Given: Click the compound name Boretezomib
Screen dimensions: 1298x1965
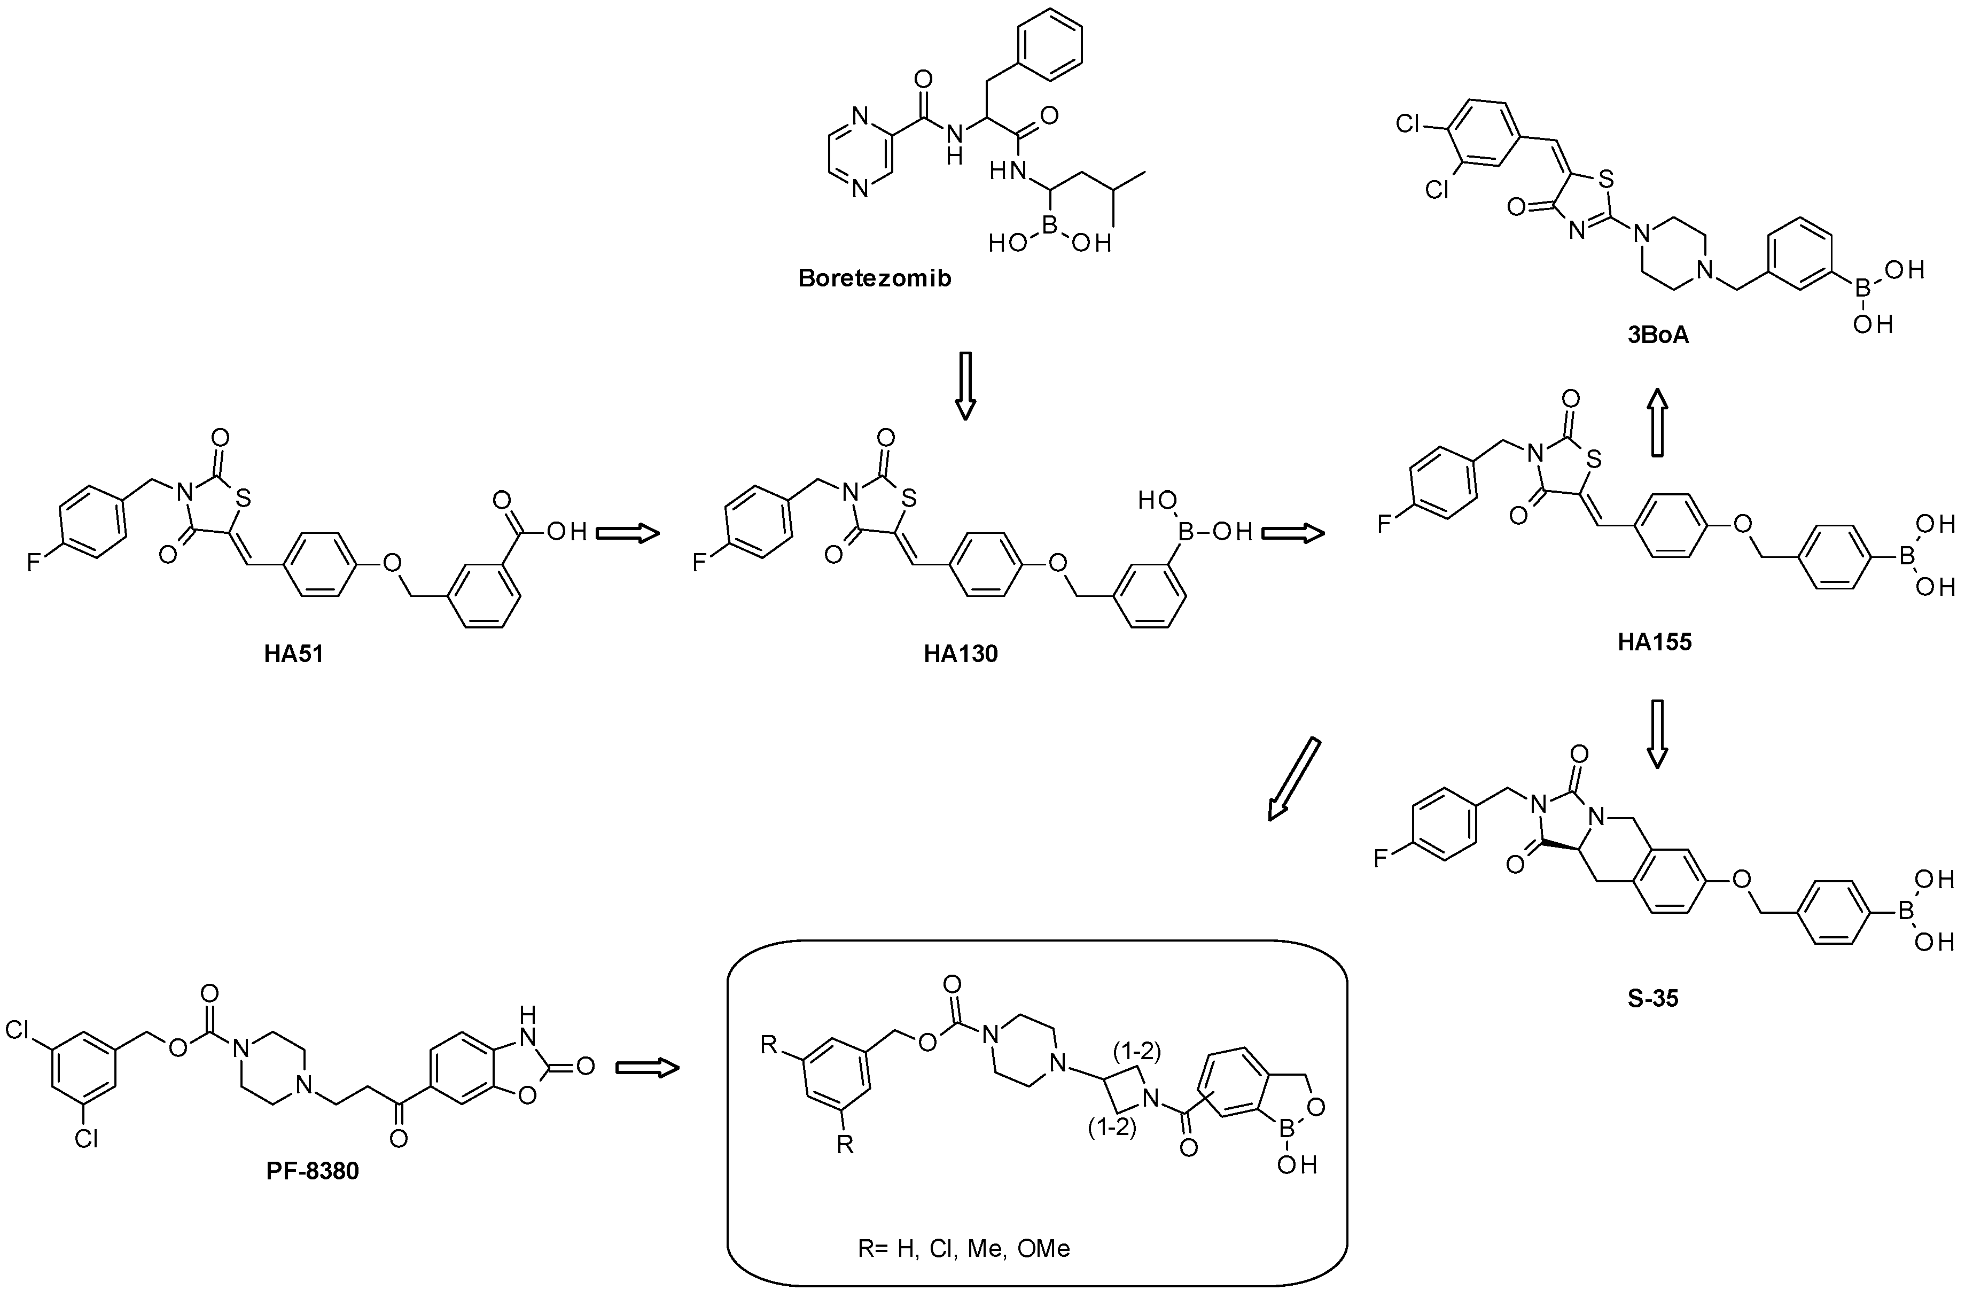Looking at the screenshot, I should click(x=875, y=278).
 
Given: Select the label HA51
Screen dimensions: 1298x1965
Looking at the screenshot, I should click(x=294, y=654).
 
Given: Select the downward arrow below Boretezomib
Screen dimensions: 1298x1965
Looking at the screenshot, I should click(x=965, y=386).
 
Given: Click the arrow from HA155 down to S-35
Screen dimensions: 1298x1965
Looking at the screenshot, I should click(x=1656, y=734).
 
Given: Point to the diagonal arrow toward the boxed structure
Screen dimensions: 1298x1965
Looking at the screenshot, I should click(x=1294, y=778).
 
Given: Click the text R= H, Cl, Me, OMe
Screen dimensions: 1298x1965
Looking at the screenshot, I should click(x=964, y=1248).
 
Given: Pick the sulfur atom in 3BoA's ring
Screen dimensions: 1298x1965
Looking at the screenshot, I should click(x=1606, y=178).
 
